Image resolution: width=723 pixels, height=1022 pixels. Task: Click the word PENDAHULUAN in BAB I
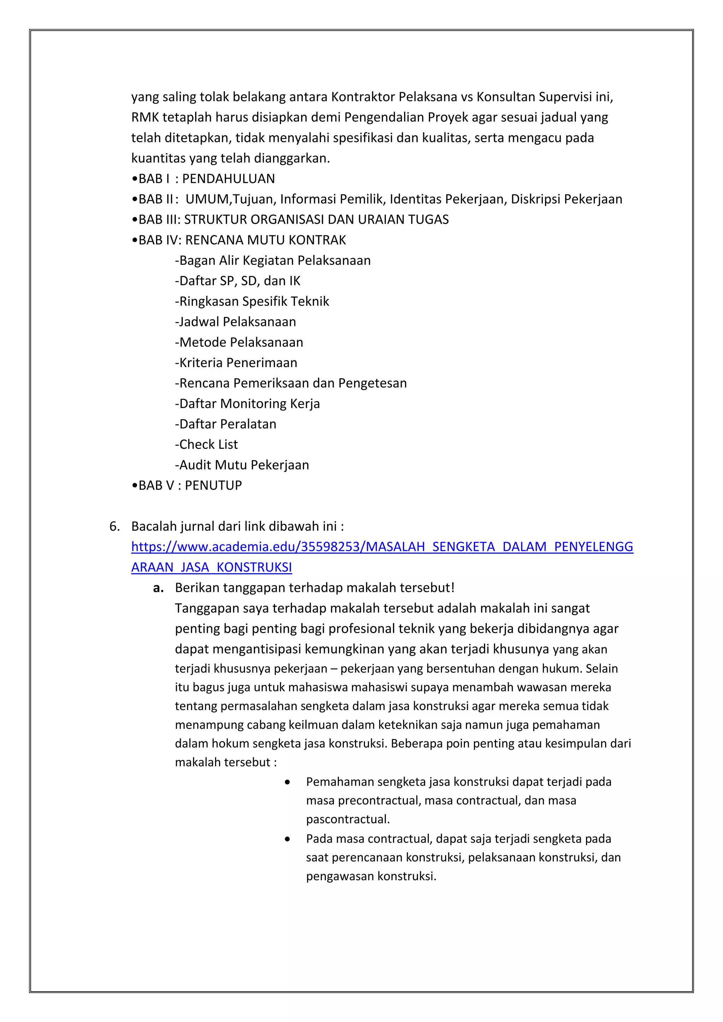pos(228,179)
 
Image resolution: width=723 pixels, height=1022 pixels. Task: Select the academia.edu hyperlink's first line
pos(382,547)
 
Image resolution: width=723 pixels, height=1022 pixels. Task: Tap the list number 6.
pos(114,527)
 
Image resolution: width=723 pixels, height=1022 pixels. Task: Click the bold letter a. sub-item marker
pos(158,588)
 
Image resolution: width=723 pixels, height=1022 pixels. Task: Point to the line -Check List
pos(207,445)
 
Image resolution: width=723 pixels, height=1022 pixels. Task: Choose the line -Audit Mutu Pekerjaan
pos(242,465)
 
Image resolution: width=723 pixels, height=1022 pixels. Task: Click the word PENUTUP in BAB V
pos(213,486)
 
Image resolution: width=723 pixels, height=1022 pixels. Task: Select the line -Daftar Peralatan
pos(226,424)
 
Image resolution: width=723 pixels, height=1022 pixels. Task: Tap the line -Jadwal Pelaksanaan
pos(235,322)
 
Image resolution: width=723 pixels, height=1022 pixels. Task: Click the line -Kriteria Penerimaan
pos(236,363)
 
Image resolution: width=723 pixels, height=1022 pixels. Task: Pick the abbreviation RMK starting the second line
pos(145,118)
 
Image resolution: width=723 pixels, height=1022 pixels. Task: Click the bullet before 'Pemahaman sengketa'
pos(288,782)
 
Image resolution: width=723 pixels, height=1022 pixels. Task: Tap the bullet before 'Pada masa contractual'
pos(288,839)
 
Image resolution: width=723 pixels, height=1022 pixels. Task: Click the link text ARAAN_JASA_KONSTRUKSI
pos(211,567)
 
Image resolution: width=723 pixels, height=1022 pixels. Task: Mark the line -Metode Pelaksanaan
pos(239,342)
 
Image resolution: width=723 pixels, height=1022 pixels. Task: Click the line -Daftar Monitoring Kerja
pos(247,404)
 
